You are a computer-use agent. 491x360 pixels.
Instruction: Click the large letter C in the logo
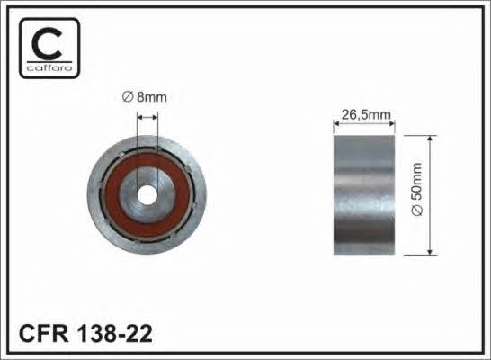(x=48, y=44)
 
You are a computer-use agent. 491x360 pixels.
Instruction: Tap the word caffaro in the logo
(x=49, y=68)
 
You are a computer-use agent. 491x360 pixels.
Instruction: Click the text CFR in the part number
(x=43, y=334)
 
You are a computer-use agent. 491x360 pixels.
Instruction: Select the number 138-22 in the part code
(x=115, y=334)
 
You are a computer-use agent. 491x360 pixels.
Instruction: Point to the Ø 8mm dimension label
(x=145, y=97)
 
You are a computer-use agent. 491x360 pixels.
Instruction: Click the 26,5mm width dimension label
(x=366, y=115)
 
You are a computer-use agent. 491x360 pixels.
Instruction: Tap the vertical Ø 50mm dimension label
(x=417, y=189)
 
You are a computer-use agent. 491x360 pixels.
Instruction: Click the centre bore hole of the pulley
(x=147, y=195)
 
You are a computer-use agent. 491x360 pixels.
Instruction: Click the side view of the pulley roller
(x=364, y=195)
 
